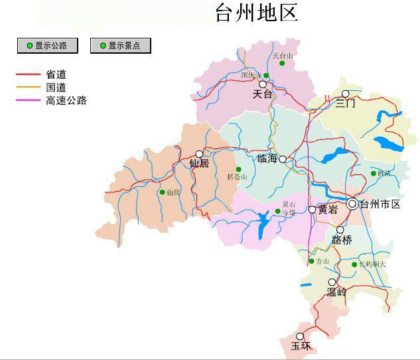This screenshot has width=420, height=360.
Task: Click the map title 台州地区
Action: pyautogui.click(x=256, y=13)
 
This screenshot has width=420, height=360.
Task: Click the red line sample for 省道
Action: pyautogui.click(x=29, y=75)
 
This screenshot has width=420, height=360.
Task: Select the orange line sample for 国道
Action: pyautogui.click(x=29, y=88)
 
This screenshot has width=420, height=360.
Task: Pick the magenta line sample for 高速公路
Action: pyautogui.click(x=29, y=101)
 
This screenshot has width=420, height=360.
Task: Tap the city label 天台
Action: pyautogui.click(x=263, y=95)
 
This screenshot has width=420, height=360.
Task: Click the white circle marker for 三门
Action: pyautogui.click(x=345, y=93)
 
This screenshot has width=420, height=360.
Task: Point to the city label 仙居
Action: pyautogui.click(x=199, y=164)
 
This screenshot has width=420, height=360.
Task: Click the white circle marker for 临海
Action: pyautogui.click(x=283, y=159)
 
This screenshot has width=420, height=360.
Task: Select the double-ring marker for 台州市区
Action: pyautogui.click(x=352, y=204)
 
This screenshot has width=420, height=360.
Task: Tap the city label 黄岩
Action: pyautogui.click(x=328, y=210)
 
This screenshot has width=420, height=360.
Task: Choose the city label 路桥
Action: pyautogui.click(x=342, y=240)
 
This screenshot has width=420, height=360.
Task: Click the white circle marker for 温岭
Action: pyautogui.click(x=332, y=282)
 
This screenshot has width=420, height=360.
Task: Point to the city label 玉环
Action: pyautogui.click(x=301, y=346)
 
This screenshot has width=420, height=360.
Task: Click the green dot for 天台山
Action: pyautogui.click(x=282, y=64)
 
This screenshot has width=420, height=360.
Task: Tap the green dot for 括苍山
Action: pyautogui.click(x=239, y=170)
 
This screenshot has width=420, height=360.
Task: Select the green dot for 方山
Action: pyautogui.click(x=311, y=261)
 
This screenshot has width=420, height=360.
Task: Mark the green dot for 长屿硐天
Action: pyautogui.click(x=354, y=265)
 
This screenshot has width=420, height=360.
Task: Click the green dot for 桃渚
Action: pyautogui.click(x=374, y=174)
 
